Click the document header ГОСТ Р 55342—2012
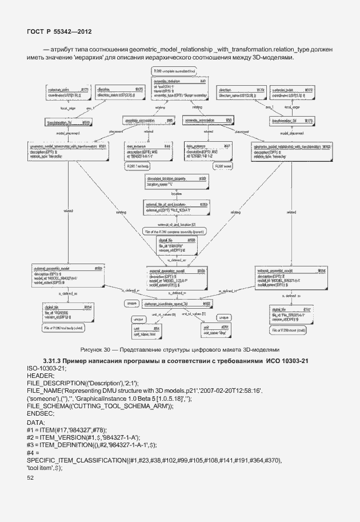[x=59, y=33]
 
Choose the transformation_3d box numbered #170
[x=291, y=121]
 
